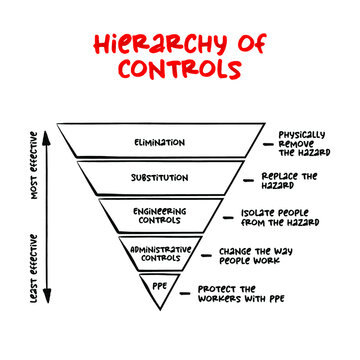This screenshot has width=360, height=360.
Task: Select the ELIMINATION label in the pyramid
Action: point(159,143)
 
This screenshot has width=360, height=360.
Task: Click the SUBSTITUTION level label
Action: point(159,177)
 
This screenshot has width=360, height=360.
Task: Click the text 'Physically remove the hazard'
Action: point(303,143)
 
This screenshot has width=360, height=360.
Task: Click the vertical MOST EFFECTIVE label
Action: point(33,165)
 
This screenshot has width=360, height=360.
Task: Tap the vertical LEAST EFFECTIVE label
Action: point(33,265)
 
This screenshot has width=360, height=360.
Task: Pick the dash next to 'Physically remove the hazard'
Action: point(268,144)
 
